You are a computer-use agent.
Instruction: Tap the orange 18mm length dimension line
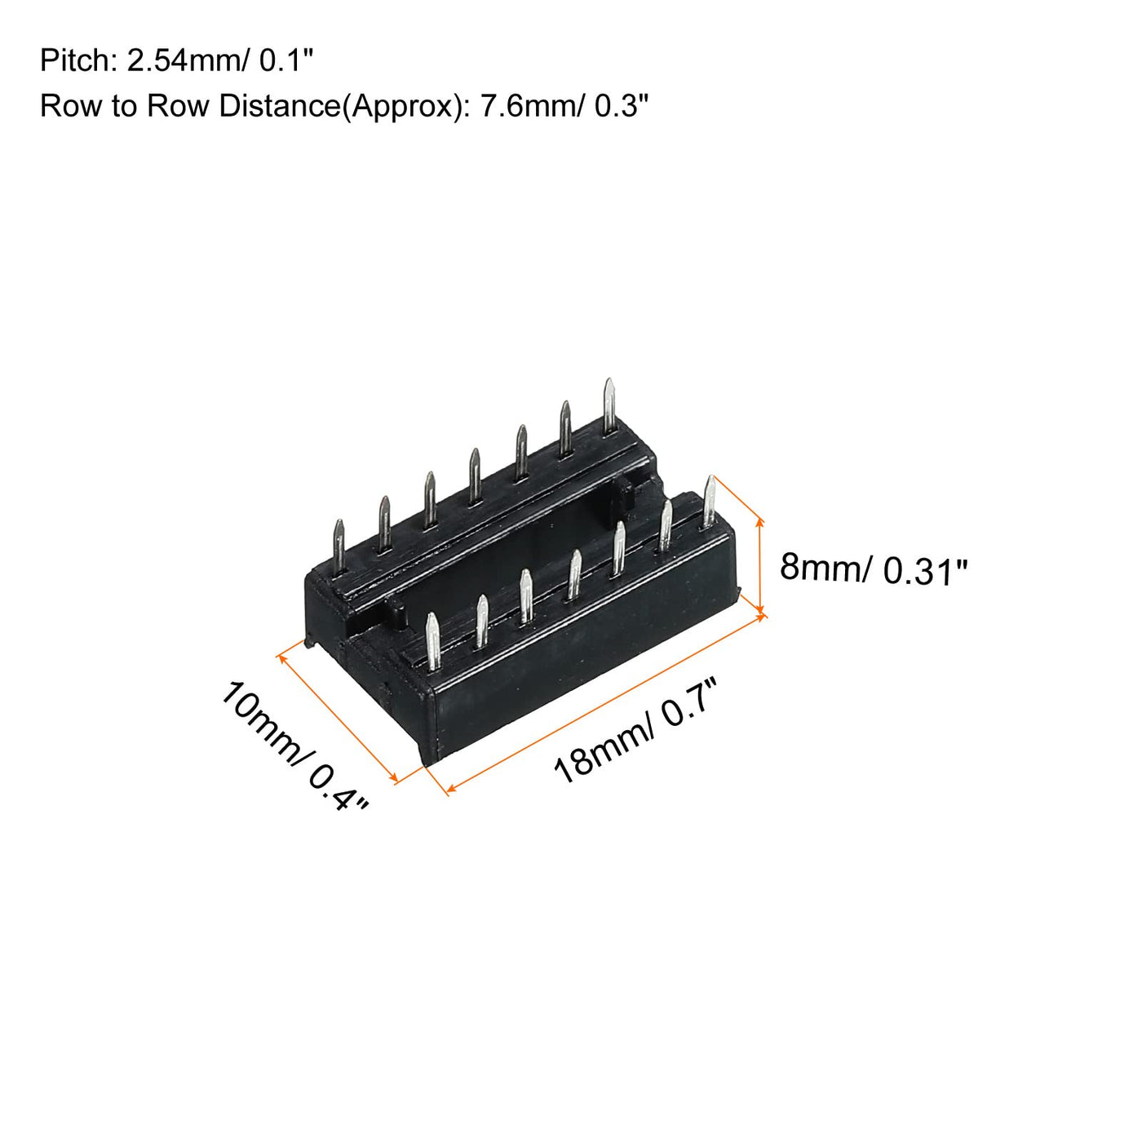tap(606, 703)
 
